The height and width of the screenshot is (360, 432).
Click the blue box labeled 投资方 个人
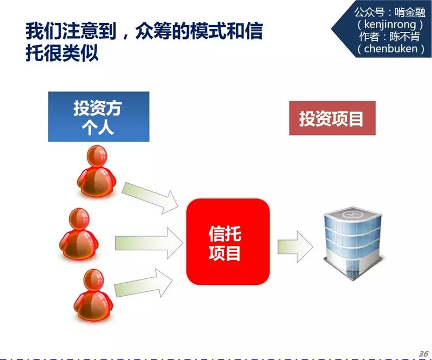click(98, 116)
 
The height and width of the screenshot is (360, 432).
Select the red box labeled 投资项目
click(332, 118)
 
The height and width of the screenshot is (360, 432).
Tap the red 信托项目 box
click(227, 242)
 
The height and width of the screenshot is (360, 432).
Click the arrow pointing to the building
click(295, 245)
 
